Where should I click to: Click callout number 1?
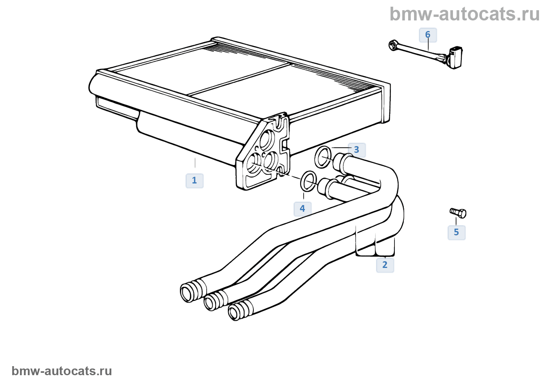[x=194, y=181]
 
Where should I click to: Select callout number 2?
[x=385, y=265]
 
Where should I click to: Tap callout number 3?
[x=357, y=150]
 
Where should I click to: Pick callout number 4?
[x=302, y=209]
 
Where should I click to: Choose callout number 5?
[x=456, y=232]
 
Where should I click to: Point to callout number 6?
[x=428, y=35]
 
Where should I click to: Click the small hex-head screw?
[x=458, y=213]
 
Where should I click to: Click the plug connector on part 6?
[x=455, y=57]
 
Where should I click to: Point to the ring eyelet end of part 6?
[x=394, y=46]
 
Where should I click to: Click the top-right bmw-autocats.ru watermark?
[x=464, y=14]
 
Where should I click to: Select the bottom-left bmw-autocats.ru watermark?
[x=62, y=371]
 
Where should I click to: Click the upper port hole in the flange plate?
[x=267, y=140]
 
